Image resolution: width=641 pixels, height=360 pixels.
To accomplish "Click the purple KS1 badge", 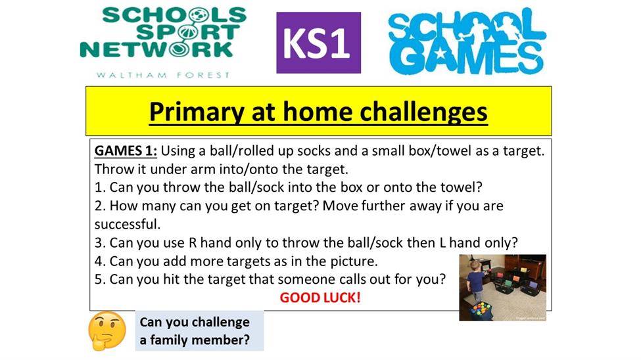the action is [x=318, y=43].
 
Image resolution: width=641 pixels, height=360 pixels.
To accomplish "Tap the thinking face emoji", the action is [x=107, y=331].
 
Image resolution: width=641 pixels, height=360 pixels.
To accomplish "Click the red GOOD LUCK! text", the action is [x=320, y=298].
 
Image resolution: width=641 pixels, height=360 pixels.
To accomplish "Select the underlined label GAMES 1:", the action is [x=126, y=151].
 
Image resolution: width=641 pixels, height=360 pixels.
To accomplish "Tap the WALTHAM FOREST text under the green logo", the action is [x=162, y=75].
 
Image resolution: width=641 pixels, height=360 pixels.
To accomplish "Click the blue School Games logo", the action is [x=466, y=41].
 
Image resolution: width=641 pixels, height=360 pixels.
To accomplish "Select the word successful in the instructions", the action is [x=126, y=224].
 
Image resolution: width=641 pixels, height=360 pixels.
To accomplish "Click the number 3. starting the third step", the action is [x=100, y=242].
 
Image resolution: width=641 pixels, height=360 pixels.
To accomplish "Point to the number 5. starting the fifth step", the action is [x=100, y=279].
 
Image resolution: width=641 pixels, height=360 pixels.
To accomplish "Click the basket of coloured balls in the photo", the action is [x=480, y=310].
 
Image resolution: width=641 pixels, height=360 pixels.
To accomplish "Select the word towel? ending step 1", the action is [x=461, y=187].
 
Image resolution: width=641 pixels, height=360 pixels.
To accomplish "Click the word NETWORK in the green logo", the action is [x=156, y=51].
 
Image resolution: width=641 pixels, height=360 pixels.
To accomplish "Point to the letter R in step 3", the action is [x=193, y=242].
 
